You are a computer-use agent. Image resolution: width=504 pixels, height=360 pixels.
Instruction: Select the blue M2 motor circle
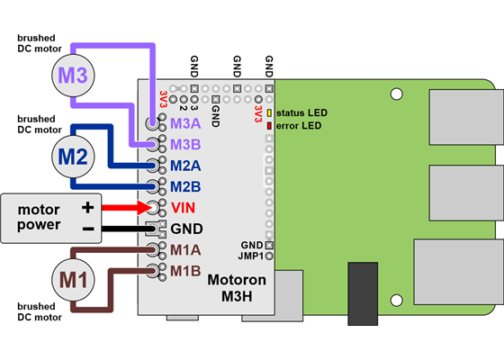(x=74, y=156)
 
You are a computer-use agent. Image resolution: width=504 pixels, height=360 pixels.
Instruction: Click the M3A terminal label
(x=185, y=123)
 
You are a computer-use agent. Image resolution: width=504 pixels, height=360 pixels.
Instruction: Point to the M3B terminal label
(x=185, y=144)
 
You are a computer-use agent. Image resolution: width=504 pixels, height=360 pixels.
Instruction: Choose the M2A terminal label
(x=185, y=166)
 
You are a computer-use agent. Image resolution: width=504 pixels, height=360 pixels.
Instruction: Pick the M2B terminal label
(x=185, y=186)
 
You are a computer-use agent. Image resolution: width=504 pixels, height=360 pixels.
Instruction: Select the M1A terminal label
(x=185, y=249)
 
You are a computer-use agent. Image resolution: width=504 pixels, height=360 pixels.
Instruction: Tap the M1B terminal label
(x=185, y=270)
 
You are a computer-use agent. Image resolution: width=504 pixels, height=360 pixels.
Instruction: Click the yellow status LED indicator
(x=269, y=112)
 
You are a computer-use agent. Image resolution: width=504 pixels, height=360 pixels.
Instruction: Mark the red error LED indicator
(x=269, y=125)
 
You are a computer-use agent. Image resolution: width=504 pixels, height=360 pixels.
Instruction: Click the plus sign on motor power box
(x=87, y=207)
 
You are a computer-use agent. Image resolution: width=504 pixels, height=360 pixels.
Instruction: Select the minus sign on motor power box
(x=87, y=228)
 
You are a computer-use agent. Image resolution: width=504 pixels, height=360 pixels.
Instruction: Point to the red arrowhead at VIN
(x=144, y=207)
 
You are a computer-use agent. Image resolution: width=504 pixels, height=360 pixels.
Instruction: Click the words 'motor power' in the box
(x=40, y=217)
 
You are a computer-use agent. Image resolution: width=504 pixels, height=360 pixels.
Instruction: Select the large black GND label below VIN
(x=187, y=229)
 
